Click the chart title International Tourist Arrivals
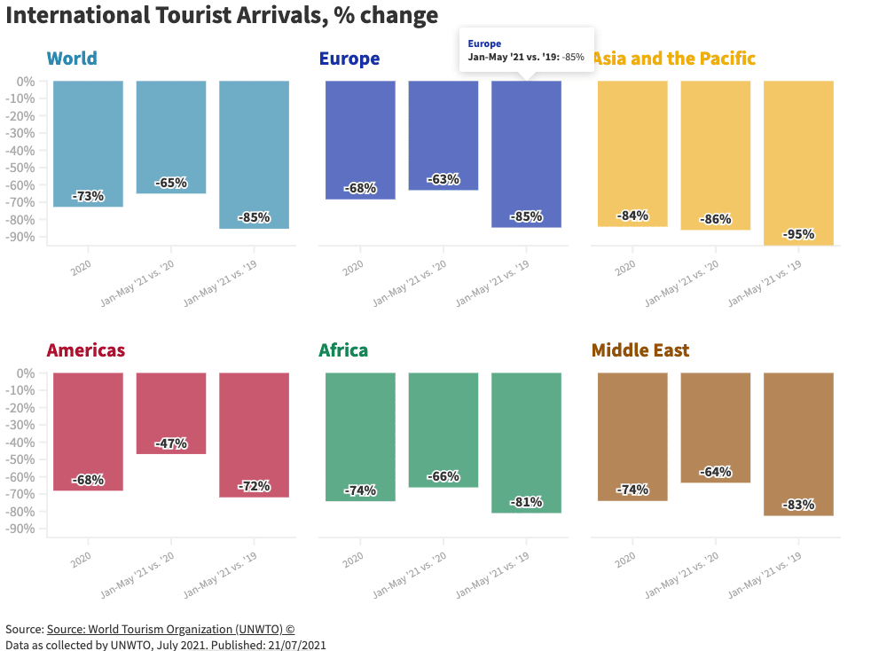tap(222, 15)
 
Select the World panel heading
tap(72, 59)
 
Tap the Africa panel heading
tap(343, 350)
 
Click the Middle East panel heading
tap(640, 350)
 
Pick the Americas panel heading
tap(86, 350)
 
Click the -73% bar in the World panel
tap(88, 142)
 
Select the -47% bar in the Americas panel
tap(171, 412)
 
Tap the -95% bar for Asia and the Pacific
tap(798, 160)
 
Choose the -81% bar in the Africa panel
tap(526, 442)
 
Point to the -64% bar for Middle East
tap(715, 426)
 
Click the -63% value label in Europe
tap(443, 179)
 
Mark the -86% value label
tap(715, 219)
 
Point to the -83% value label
tap(798, 505)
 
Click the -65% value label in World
tap(171, 183)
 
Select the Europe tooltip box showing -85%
tap(526, 51)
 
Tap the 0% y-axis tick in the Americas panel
tap(26, 373)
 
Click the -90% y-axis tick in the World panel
tap(21, 237)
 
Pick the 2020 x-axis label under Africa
tap(353, 556)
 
